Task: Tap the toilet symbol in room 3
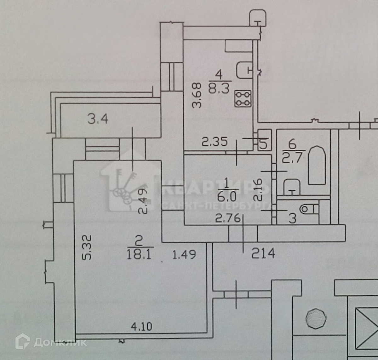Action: [x=309, y=209]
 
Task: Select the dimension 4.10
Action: [x=141, y=326]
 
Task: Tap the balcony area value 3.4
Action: [x=98, y=119]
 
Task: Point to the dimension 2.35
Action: [x=215, y=142]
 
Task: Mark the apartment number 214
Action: [x=263, y=253]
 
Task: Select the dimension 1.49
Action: [x=185, y=254]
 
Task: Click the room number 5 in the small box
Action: [x=263, y=144]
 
